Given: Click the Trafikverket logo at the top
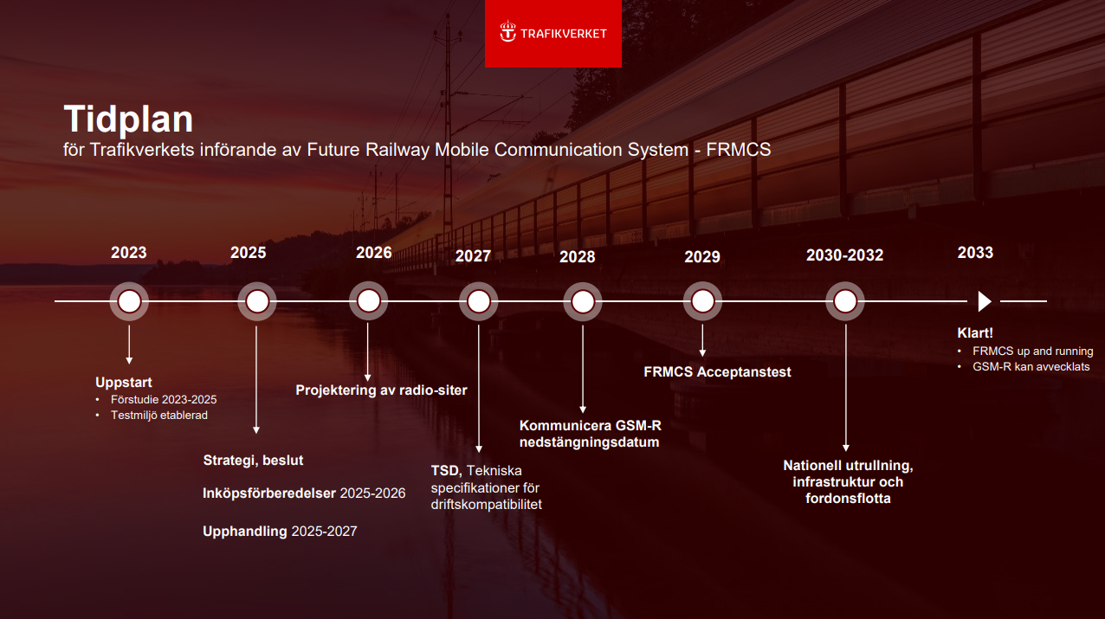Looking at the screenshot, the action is pyautogui.click(x=553, y=33).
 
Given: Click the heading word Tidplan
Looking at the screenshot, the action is pyautogui.click(x=128, y=119).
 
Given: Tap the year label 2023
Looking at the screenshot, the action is pyautogui.click(x=129, y=253).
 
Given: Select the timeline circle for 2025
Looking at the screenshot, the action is pyautogui.click(x=257, y=301).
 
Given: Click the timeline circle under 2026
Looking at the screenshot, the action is pyautogui.click(x=369, y=301).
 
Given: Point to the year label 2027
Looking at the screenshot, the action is pyautogui.click(x=473, y=256).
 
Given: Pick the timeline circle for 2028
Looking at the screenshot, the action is pyautogui.click(x=583, y=302).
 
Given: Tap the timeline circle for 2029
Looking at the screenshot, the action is pyautogui.click(x=702, y=301).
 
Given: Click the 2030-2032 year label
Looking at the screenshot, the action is pyautogui.click(x=844, y=255).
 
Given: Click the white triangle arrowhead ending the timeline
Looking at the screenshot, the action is pyautogui.click(x=984, y=301).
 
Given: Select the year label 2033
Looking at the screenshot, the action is pyautogui.click(x=975, y=253).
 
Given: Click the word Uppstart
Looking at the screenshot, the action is pyautogui.click(x=123, y=383).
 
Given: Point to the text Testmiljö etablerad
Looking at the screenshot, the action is pyautogui.click(x=158, y=416).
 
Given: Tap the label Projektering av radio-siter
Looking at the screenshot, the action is pyautogui.click(x=381, y=390).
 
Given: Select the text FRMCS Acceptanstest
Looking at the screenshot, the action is pyautogui.click(x=717, y=372).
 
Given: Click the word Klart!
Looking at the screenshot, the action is pyautogui.click(x=975, y=333).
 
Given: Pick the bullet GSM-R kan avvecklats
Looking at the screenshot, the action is pyautogui.click(x=1031, y=367).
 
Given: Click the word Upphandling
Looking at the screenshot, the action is pyautogui.click(x=245, y=532).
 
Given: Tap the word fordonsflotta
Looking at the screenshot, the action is pyautogui.click(x=848, y=499).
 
